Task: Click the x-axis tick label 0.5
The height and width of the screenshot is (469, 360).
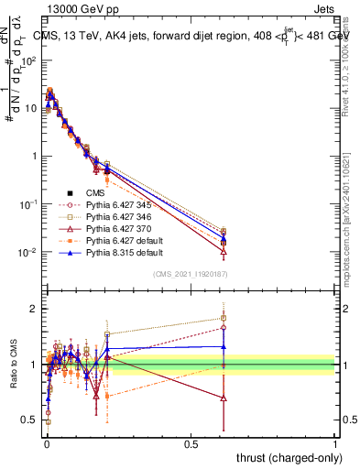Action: click(190, 442)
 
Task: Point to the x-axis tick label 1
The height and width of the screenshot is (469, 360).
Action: click(335, 442)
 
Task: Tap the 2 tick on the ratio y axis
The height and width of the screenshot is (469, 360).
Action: click(35, 309)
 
